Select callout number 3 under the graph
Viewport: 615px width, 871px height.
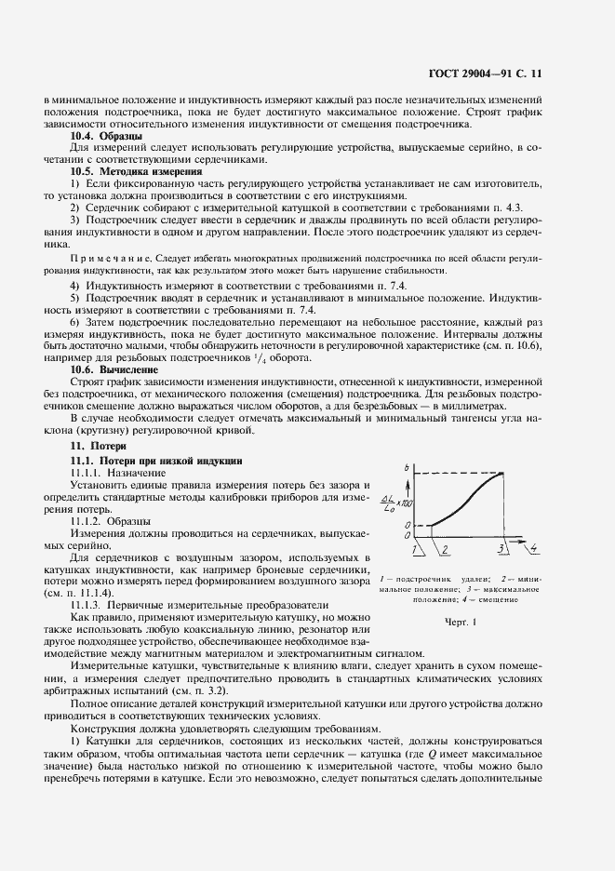[x=501, y=549]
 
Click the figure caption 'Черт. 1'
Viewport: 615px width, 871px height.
[x=460, y=621]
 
